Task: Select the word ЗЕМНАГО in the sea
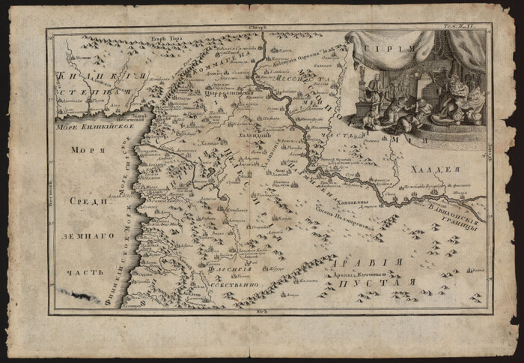pos(88,235)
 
